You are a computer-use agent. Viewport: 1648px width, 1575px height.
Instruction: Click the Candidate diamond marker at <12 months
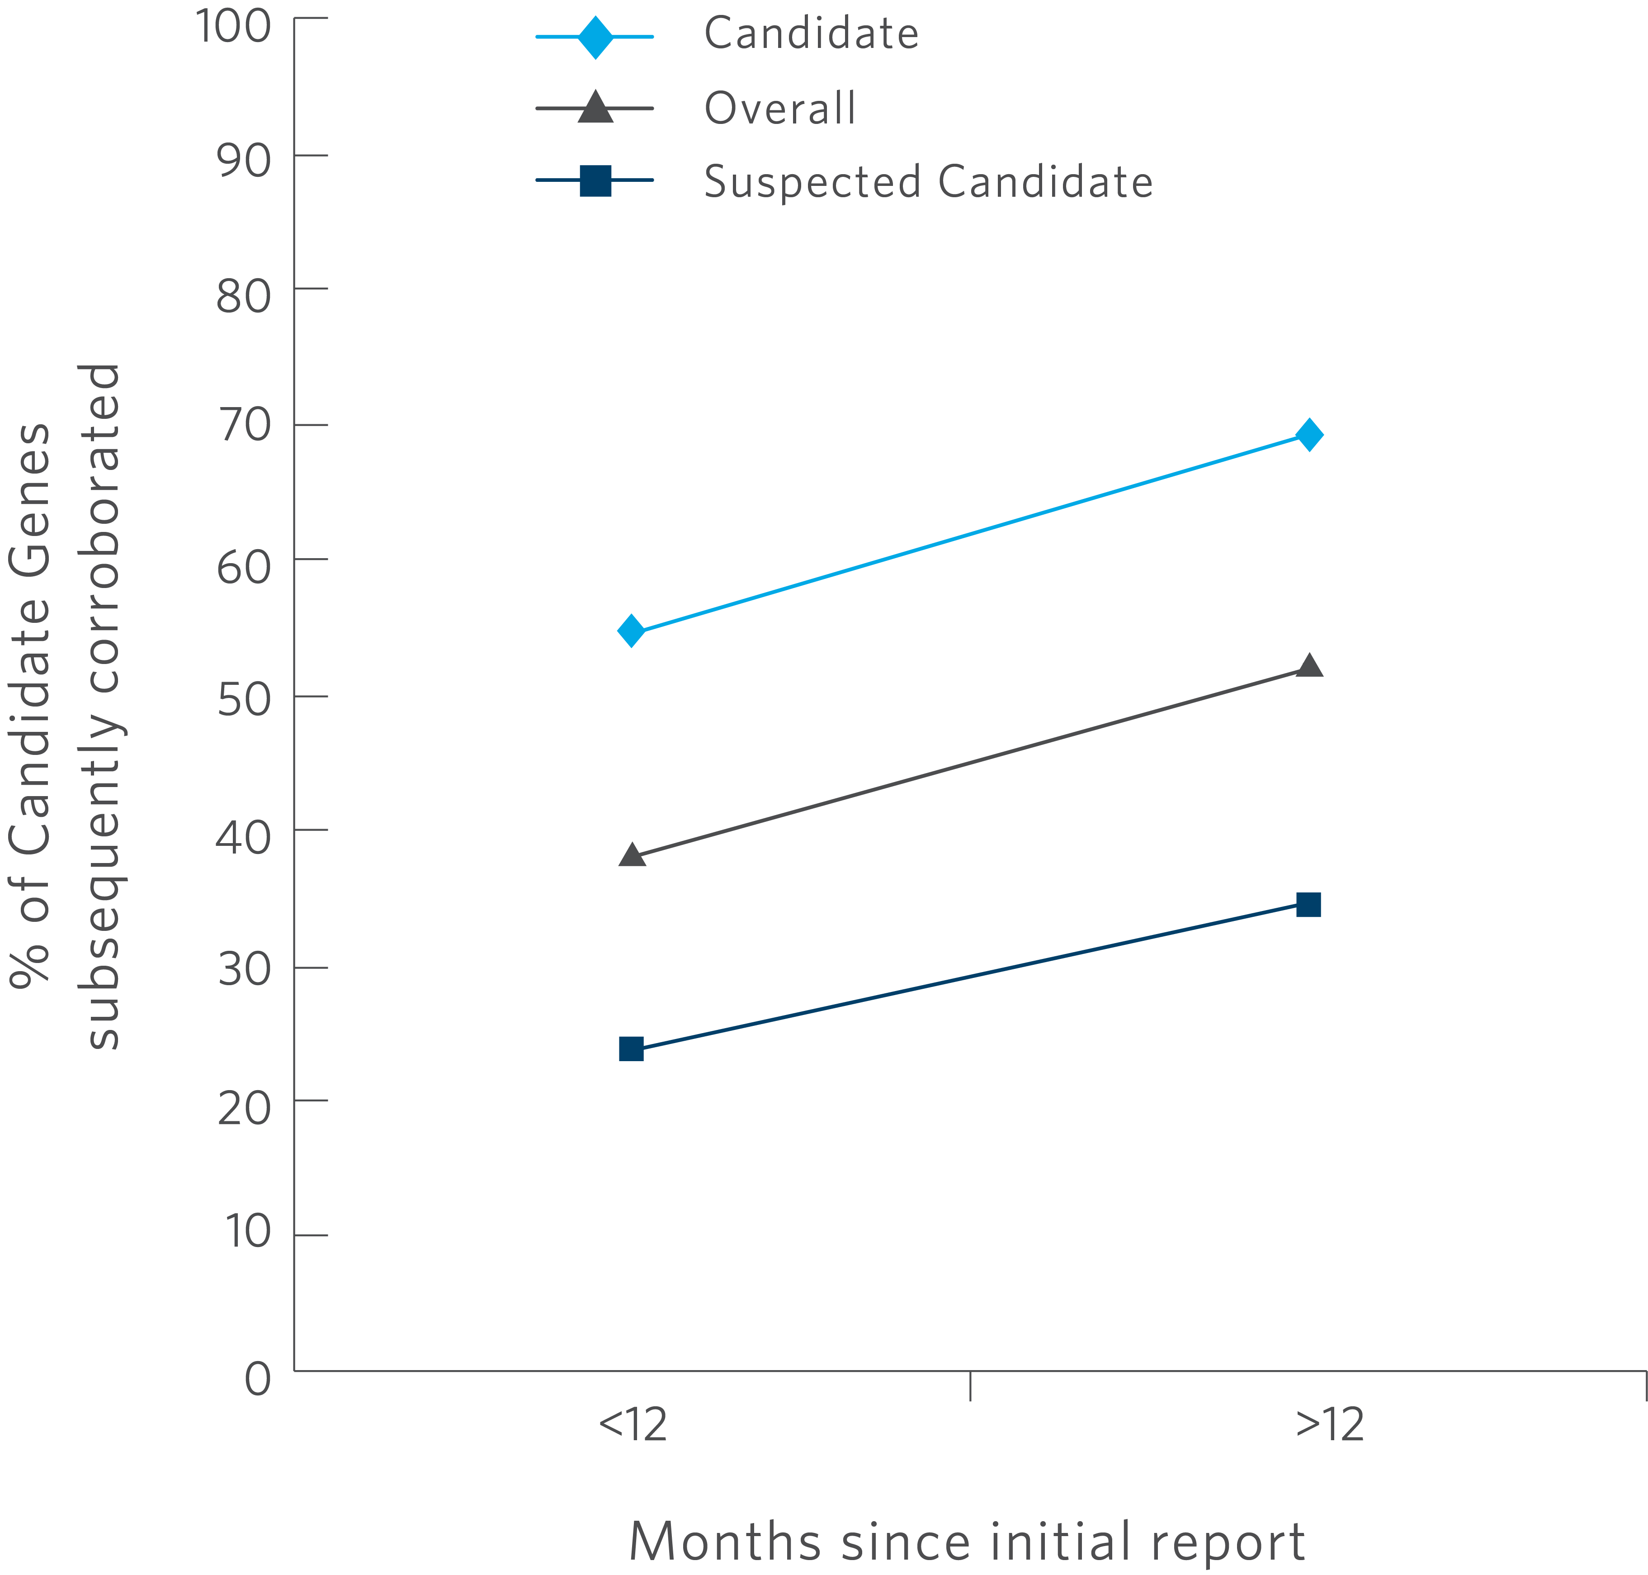631,631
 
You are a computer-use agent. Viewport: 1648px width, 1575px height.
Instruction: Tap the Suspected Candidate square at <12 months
631,1048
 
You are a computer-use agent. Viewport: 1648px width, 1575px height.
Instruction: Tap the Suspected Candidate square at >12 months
1308,904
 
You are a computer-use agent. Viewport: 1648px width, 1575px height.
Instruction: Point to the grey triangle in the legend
595,108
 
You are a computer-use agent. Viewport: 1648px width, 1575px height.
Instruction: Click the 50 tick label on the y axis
243,698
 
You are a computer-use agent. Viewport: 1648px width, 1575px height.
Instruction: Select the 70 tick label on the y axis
243,426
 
